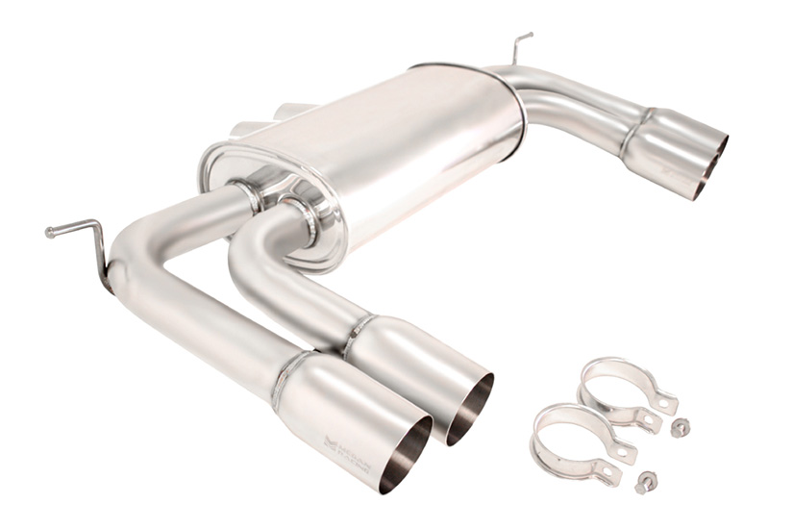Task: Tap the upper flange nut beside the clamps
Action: pos(679,427)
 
